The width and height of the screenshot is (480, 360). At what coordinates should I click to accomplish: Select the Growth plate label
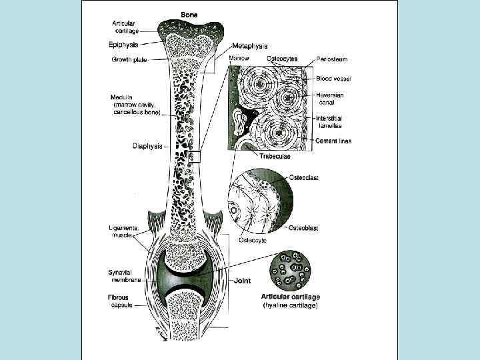(129, 59)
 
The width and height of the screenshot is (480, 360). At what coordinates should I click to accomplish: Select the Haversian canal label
(331, 99)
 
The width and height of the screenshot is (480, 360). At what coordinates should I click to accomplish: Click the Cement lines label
(333, 141)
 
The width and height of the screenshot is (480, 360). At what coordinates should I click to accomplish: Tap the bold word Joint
(241, 281)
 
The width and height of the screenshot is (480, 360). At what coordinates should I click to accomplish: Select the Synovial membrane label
(123, 276)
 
